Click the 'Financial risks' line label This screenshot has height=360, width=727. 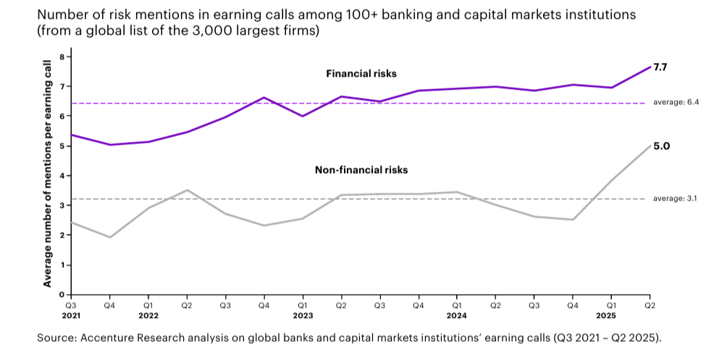(x=361, y=74)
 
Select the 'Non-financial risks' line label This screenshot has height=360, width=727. (x=361, y=170)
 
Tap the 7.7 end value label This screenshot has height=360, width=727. (x=660, y=67)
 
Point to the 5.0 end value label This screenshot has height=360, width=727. (x=660, y=146)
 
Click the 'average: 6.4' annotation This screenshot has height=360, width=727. (x=674, y=103)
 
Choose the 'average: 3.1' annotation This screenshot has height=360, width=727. (x=674, y=198)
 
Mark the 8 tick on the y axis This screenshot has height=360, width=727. (x=62, y=56)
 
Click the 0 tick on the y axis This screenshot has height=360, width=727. (x=62, y=295)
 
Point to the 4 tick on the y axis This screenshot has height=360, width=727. (x=62, y=176)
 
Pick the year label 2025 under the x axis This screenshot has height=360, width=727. (x=611, y=316)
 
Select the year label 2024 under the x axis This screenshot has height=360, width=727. (x=456, y=316)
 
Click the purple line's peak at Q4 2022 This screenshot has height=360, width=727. (x=264, y=97)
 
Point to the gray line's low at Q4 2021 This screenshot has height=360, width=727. (x=109, y=237)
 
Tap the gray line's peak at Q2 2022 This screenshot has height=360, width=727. (x=187, y=191)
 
